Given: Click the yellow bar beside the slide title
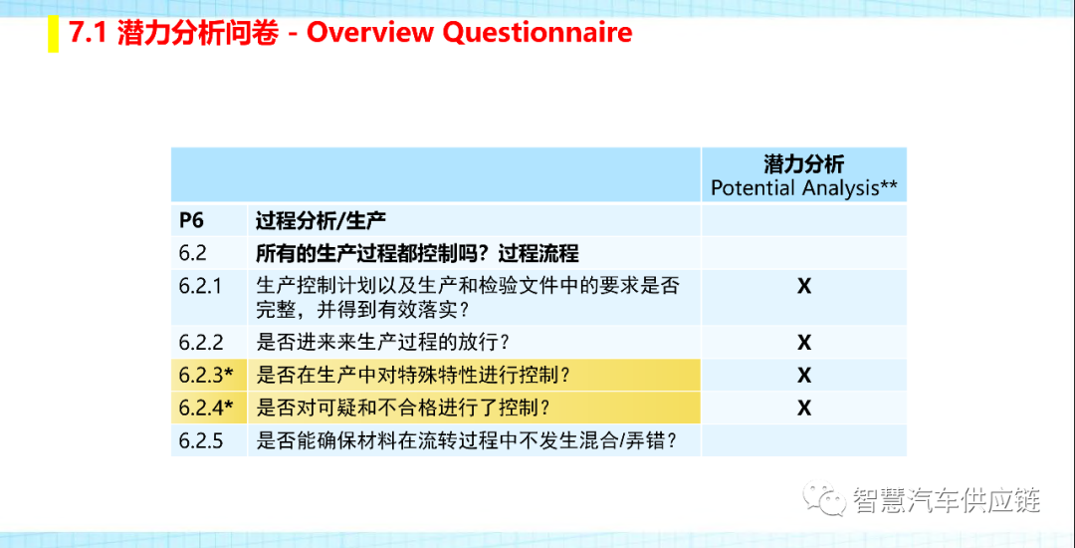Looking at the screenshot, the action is (x=53, y=36).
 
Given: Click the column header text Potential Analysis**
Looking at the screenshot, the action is (x=803, y=188).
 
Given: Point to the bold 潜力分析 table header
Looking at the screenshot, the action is (x=803, y=164).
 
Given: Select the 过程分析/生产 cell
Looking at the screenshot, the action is (x=321, y=221).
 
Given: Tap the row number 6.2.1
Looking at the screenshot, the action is (x=200, y=286).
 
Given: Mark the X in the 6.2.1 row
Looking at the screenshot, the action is (x=804, y=287).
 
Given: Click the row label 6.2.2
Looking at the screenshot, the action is (x=200, y=342).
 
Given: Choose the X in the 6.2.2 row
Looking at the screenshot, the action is (x=804, y=342).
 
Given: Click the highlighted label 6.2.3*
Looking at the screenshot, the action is (x=206, y=376).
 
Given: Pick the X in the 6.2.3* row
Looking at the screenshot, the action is (x=804, y=376).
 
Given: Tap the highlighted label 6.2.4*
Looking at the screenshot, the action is (x=206, y=409).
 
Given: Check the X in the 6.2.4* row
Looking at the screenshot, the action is (x=804, y=409).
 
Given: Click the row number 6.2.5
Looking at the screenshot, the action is (x=201, y=441).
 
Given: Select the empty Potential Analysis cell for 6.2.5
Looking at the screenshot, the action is (x=803, y=440).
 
